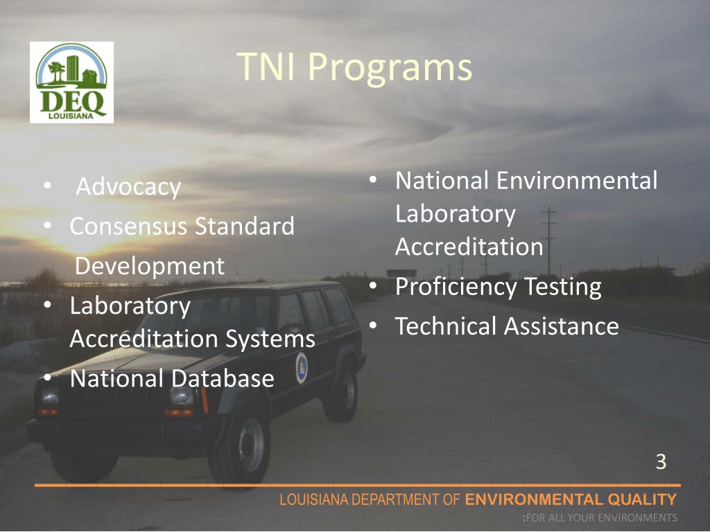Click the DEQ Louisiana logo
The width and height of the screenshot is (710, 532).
[x=71, y=82]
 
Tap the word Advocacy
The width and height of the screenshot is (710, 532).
[x=128, y=187]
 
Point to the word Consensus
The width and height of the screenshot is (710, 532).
[x=129, y=226]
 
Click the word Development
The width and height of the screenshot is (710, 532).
[x=150, y=266]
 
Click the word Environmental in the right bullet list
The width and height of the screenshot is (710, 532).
[x=577, y=181]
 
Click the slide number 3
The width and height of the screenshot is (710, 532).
[x=661, y=461]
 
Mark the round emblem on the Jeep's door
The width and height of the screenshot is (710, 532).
[x=301, y=367]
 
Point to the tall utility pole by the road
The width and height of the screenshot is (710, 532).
[x=549, y=239]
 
